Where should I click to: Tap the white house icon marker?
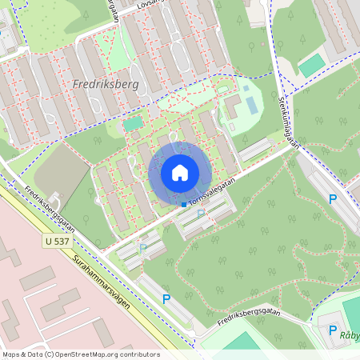pyautogui.click(x=180, y=172)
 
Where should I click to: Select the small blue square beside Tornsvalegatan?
pyautogui.click(x=183, y=205)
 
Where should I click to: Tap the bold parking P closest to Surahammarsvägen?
pyautogui.click(x=166, y=299)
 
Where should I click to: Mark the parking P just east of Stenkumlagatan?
pyautogui.click(x=333, y=200)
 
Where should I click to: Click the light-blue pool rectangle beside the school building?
pyautogui.click(x=253, y=105)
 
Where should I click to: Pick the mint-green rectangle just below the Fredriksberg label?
pyautogui.click(x=133, y=124)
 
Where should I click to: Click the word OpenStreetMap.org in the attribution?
pyautogui.click(x=91, y=354)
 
